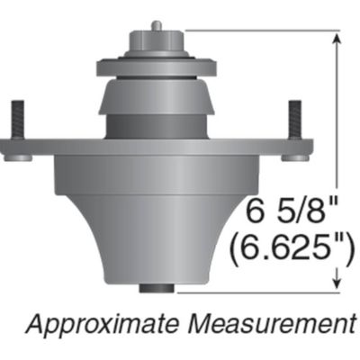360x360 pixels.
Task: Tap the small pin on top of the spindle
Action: pyautogui.click(x=156, y=25)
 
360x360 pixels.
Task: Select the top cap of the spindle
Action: pyautogui.click(x=156, y=42)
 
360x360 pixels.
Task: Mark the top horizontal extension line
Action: pyautogui.click(x=261, y=31)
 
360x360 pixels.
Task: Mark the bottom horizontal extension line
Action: pyautogui.click(x=261, y=291)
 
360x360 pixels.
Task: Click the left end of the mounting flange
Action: pyautogui.click(x=11, y=152)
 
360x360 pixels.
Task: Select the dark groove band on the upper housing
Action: pyautogui.click(x=156, y=125)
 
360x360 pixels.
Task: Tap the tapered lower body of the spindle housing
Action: pyautogui.click(x=156, y=234)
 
